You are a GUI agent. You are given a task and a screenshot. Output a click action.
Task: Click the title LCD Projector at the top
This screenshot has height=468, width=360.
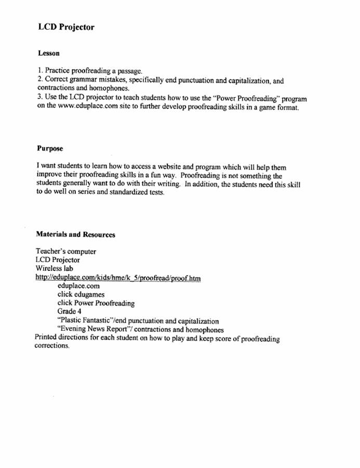66,27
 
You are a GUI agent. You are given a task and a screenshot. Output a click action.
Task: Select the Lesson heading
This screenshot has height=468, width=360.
49,53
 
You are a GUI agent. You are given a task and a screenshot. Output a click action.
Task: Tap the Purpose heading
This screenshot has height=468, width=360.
50,149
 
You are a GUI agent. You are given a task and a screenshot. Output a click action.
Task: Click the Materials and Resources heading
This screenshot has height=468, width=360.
76,235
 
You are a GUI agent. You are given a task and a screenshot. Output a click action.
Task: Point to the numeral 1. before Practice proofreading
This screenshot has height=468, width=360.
39,71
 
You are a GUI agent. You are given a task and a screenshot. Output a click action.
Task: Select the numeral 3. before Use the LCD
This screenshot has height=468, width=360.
39,98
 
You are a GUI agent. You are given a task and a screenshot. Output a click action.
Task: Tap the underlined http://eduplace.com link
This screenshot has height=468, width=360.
118,278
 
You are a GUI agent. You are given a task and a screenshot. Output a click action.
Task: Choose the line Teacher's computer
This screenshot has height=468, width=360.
66,252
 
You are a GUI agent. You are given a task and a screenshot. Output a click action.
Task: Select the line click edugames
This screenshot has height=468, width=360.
81,294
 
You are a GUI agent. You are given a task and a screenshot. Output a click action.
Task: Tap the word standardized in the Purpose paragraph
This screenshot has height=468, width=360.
125,193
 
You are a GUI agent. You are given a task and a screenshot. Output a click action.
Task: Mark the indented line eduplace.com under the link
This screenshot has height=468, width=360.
78,286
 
